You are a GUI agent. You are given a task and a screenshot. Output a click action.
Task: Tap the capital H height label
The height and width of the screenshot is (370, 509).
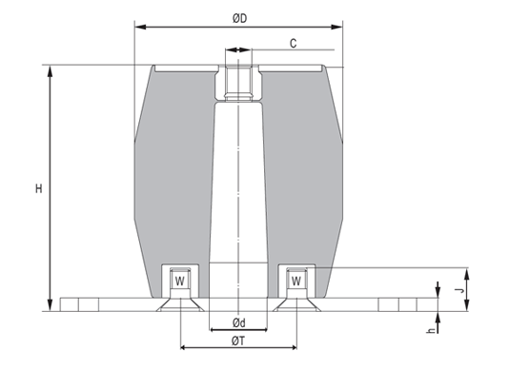(38, 188)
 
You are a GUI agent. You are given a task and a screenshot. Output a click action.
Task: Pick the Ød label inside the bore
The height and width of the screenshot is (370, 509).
(238, 321)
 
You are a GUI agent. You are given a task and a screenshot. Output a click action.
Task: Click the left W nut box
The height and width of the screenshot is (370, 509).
(179, 281)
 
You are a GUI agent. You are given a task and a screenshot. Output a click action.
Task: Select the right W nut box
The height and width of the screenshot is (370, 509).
(295, 281)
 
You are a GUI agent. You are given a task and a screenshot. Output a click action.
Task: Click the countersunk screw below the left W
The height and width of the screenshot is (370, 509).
(179, 303)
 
